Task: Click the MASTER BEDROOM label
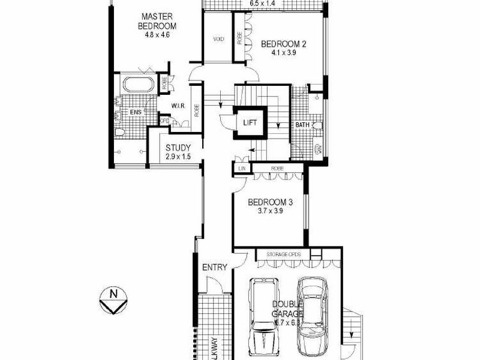(157, 21)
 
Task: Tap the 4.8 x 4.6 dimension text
(157, 35)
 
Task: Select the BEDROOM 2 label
(284, 43)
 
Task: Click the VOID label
(218, 39)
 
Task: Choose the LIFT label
(251, 122)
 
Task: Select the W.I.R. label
(177, 106)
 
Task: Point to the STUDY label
(178, 148)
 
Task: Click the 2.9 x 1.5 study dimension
(178, 157)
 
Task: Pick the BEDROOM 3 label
(269, 202)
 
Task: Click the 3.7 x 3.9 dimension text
(269, 211)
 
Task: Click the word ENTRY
(214, 267)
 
